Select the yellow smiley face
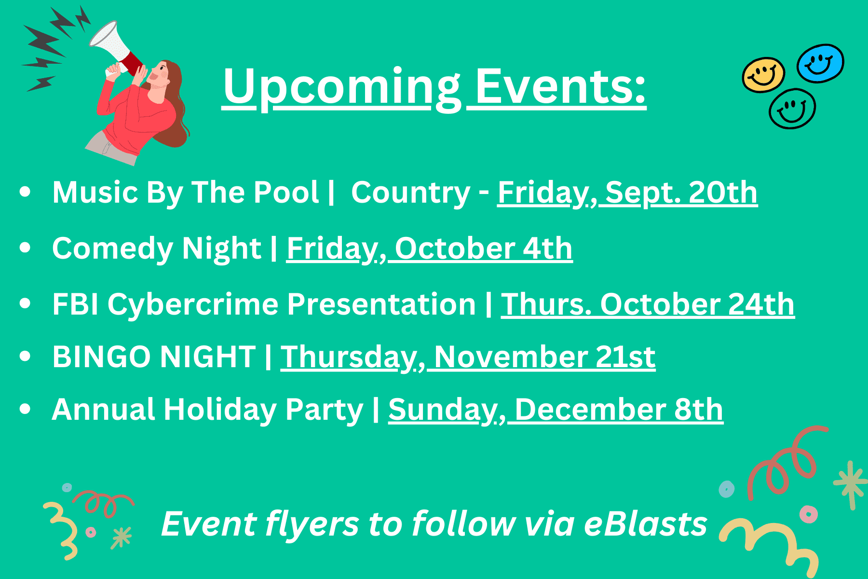point(763,75)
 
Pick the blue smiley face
point(820,63)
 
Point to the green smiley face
point(792,109)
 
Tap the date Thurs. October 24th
point(648,304)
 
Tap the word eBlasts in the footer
point(645,524)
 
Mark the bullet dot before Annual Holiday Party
point(25,409)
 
